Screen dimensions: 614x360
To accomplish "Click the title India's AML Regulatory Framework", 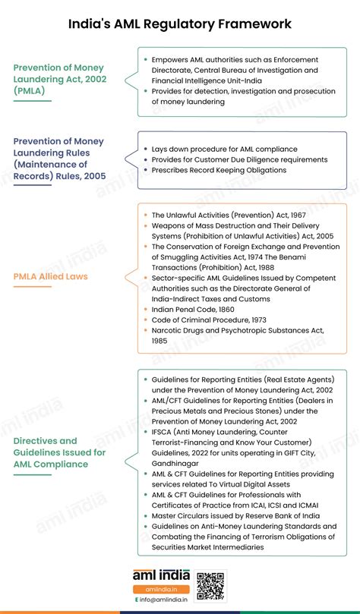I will (x=180, y=24).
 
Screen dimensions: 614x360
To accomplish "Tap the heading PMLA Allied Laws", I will (x=51, y=276).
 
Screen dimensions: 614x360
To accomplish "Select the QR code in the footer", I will (x=210, y=585).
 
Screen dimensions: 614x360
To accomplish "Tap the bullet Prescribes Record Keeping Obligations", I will (x=218, y=169).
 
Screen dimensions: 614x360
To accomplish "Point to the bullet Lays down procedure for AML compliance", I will (x=224, y=149).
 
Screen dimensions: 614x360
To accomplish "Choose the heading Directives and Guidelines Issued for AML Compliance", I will (x=59, y=452).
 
